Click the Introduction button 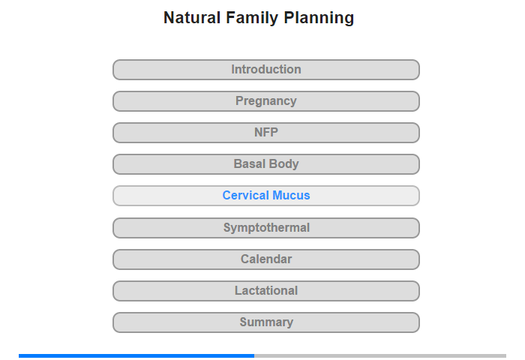[265, 70]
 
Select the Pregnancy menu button [265, 101]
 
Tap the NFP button [265, 133]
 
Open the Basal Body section [265, 164]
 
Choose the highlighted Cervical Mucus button [265, 196]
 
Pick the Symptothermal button [265, 228]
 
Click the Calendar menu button [265, 259]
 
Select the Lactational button [265, 291]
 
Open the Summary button [265, 322]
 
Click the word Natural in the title [192, 18]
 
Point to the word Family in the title [252, 19]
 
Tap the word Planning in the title [319, 19]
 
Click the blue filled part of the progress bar [136, 355]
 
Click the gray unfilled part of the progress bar [380, 355]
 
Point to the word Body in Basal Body [284, 164]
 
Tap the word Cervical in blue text [246, 195]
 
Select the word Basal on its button [250, 163]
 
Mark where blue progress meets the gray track [254, 355]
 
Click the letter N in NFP [258, 132]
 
